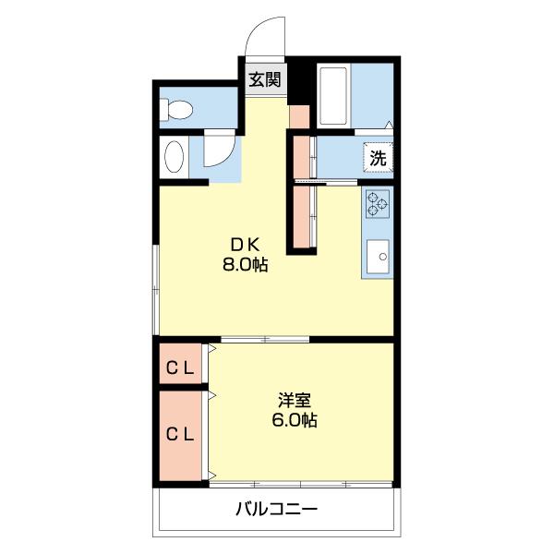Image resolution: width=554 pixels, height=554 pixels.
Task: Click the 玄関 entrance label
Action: [265, 79]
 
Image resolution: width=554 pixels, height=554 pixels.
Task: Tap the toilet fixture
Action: [176, 109]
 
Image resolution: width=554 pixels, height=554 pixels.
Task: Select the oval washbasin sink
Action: [175, 157]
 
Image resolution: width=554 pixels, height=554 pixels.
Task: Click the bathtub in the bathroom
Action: [333, 96]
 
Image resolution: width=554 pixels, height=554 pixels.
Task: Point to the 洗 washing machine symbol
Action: [379, 158]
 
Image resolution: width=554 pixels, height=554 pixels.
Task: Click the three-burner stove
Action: [378, 204]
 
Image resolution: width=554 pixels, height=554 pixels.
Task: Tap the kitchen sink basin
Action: [378, 257]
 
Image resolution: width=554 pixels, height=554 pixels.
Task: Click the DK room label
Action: [246, 244]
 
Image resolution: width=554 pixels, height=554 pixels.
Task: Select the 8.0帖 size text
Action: [246, 264]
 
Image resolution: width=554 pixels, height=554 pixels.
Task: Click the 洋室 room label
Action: [295, 401]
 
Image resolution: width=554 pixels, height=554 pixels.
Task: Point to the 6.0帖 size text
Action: [295, 420]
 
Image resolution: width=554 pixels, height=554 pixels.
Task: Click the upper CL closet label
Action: [180, 368]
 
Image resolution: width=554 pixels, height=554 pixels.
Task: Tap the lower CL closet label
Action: [180, 434]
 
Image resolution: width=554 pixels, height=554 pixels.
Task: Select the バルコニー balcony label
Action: [277, 509]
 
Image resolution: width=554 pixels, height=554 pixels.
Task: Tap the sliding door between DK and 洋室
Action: [265, 340]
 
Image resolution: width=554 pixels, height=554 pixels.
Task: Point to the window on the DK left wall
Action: [155, 289]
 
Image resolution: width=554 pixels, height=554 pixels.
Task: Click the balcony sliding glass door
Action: [301, 484]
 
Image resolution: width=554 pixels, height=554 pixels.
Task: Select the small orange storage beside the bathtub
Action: [299, 116]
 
